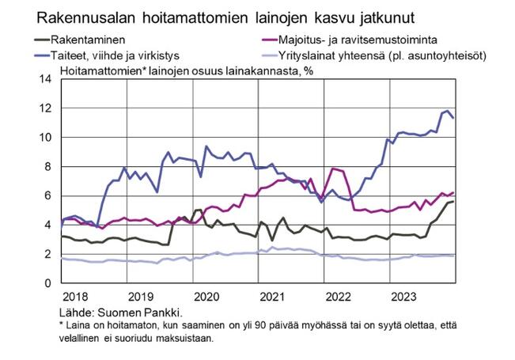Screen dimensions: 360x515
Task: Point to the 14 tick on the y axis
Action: click(x=45, y=79)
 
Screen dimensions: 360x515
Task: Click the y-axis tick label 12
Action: click(x=45, y=108)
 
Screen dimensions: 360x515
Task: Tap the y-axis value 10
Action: click(x=45, y=138)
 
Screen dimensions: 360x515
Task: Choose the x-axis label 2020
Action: click(x=206, y=297)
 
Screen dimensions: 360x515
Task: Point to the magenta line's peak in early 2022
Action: click(x=332, y=169)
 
